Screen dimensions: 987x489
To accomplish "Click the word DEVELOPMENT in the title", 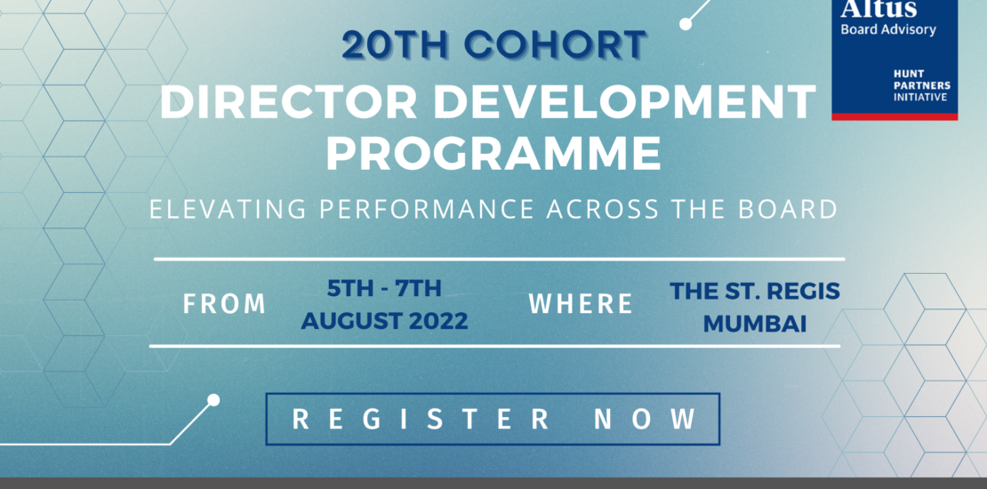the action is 624,101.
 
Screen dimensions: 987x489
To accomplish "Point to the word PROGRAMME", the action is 493,154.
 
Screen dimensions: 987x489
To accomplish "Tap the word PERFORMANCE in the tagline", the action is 427,209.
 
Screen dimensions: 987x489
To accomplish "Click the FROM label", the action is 225,304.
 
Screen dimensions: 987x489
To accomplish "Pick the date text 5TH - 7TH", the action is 384,289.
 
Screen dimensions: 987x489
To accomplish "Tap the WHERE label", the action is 581,304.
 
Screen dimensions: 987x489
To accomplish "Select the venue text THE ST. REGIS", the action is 755,292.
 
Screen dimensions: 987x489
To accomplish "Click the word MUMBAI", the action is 755,325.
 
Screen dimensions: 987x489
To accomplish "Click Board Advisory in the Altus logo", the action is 888,29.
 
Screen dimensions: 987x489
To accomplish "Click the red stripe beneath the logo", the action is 895,116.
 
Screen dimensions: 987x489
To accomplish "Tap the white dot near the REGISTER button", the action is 213,399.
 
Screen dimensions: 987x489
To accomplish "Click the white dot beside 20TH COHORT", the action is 686,25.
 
